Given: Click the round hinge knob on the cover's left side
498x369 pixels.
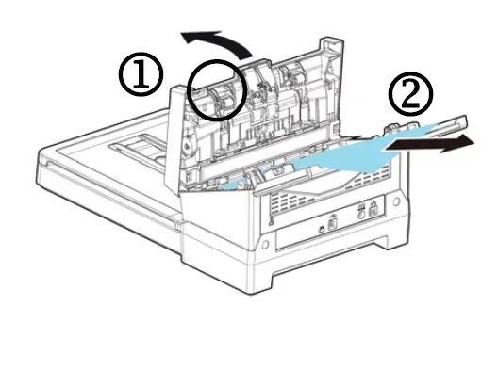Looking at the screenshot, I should tap(186, 146).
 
